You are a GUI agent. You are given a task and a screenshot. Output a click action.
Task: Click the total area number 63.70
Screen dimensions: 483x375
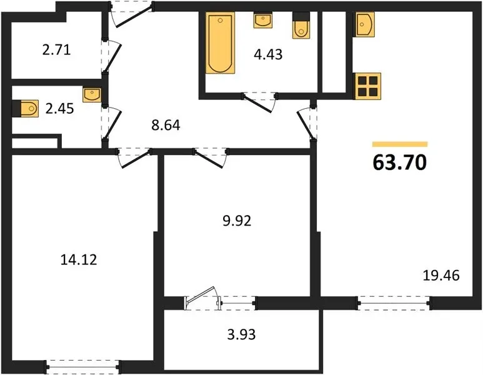point(399,162)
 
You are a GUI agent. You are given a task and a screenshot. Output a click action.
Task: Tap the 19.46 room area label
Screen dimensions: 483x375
point(441,276)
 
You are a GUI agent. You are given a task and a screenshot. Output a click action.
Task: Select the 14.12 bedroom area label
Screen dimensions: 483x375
point(79,260)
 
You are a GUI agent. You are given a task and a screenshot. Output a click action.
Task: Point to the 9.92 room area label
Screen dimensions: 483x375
point(237,221)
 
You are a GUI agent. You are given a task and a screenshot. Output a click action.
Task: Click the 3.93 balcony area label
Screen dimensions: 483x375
point(241,334)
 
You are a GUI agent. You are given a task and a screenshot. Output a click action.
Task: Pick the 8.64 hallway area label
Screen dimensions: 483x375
point(166,126)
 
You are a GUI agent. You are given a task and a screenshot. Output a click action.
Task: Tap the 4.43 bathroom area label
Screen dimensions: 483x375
point(268,54)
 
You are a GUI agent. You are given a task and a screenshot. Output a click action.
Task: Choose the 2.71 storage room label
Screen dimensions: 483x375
point(56,49)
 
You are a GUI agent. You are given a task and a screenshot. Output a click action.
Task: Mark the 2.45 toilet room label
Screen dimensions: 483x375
point(59,109)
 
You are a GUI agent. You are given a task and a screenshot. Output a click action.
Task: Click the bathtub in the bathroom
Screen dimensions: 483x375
point(220,43)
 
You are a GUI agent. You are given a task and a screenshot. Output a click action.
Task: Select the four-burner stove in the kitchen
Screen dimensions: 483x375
point(368,86)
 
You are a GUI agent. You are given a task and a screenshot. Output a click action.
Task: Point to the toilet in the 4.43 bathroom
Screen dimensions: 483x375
point(301,26)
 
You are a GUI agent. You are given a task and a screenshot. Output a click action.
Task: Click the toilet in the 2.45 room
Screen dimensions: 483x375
point(26,109)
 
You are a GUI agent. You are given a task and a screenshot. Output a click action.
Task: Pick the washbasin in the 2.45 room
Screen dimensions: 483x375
point(92,95)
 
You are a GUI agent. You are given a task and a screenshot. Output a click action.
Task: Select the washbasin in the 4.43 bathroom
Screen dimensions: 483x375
point(263,21)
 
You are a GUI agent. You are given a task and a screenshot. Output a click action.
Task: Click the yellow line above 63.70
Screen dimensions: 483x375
point(400,144)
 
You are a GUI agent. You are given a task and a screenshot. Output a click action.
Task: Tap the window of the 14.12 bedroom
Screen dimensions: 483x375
point(83,367)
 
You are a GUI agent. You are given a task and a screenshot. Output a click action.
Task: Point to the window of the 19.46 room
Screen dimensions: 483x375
point(394,303)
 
